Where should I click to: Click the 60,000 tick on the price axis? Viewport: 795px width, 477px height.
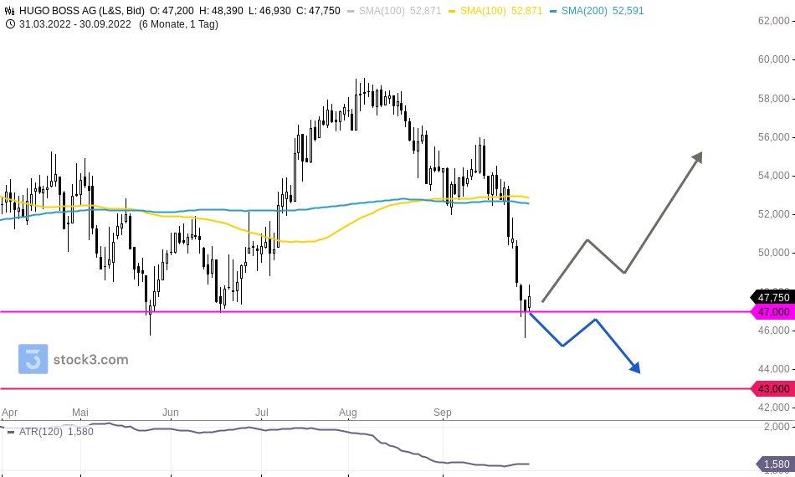click(773, 59)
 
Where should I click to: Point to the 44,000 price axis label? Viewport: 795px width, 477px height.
click(773, 368)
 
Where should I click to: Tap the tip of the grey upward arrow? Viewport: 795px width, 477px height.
click(700, 153)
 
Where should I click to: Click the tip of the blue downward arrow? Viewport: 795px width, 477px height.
click(639, 372)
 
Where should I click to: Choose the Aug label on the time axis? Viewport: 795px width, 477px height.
click(348, 413)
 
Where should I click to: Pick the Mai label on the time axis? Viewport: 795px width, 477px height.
click(80, 413)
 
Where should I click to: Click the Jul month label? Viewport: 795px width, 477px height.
click(261, 413)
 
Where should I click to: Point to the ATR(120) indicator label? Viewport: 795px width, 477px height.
click(38, 432)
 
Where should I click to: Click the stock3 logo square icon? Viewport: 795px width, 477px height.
click(33, 359)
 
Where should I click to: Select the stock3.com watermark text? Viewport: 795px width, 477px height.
click(90, 360)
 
